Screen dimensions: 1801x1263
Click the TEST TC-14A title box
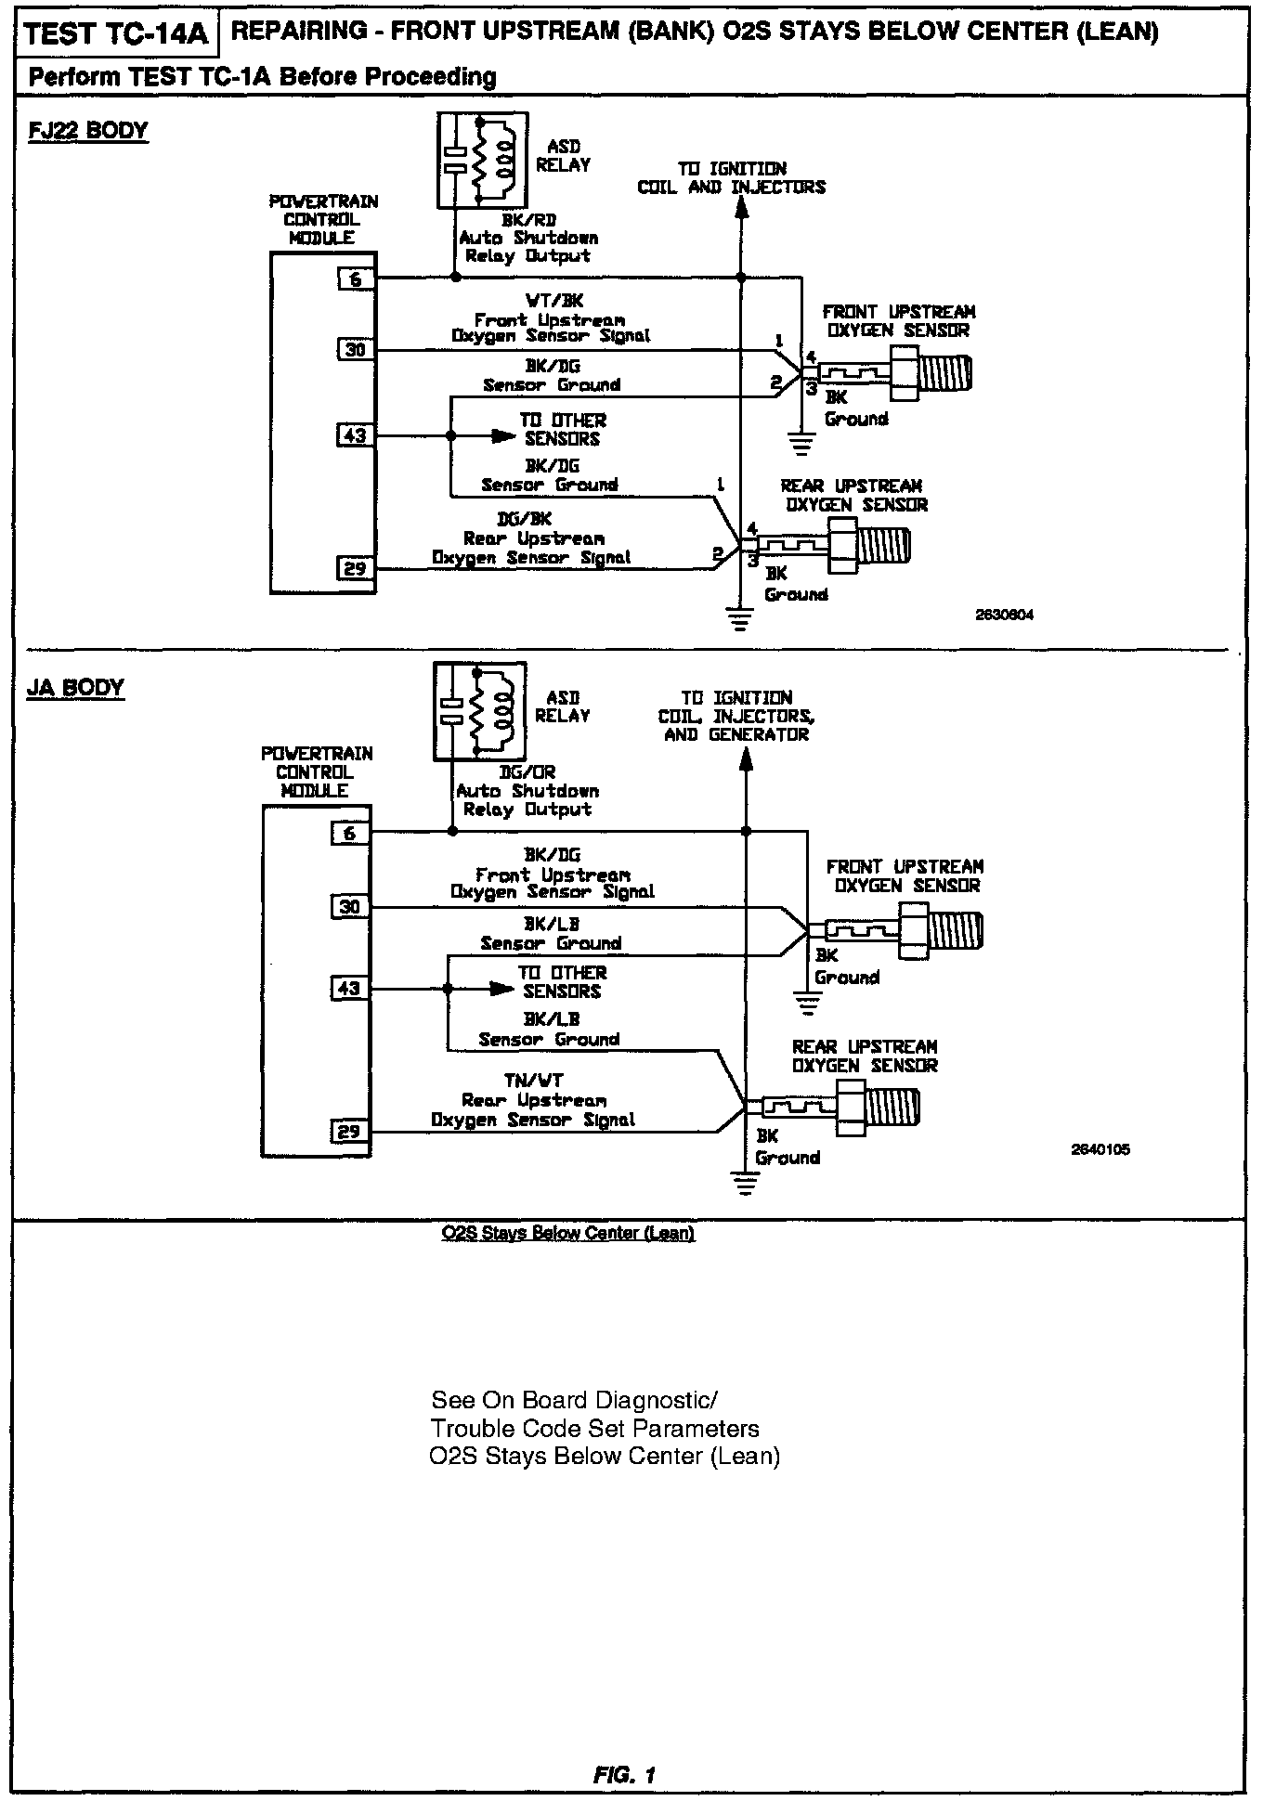coord(116,35)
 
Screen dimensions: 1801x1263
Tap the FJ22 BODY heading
coord(88,131)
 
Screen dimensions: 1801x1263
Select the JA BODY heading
coord(75,688)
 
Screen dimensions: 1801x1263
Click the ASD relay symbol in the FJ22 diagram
coord(482,160)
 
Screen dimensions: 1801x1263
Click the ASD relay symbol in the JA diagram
coord(479,710)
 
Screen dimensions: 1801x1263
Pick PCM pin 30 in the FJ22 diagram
coord(356,350)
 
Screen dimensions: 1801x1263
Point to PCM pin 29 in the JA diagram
coord(348,1132)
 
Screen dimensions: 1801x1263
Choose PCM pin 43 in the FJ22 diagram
coord(356,435)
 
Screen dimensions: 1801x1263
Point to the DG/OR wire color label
coord(527,772)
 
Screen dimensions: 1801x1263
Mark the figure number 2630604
coord(1004,615)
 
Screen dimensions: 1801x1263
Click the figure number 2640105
coord(1100,1149)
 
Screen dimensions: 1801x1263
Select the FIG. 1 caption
coord(625,1775)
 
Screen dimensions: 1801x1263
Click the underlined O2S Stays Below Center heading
coord(568,1233)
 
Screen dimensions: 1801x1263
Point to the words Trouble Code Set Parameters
coord(594,1429)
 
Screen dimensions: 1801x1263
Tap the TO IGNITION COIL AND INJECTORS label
coord(731,177)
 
